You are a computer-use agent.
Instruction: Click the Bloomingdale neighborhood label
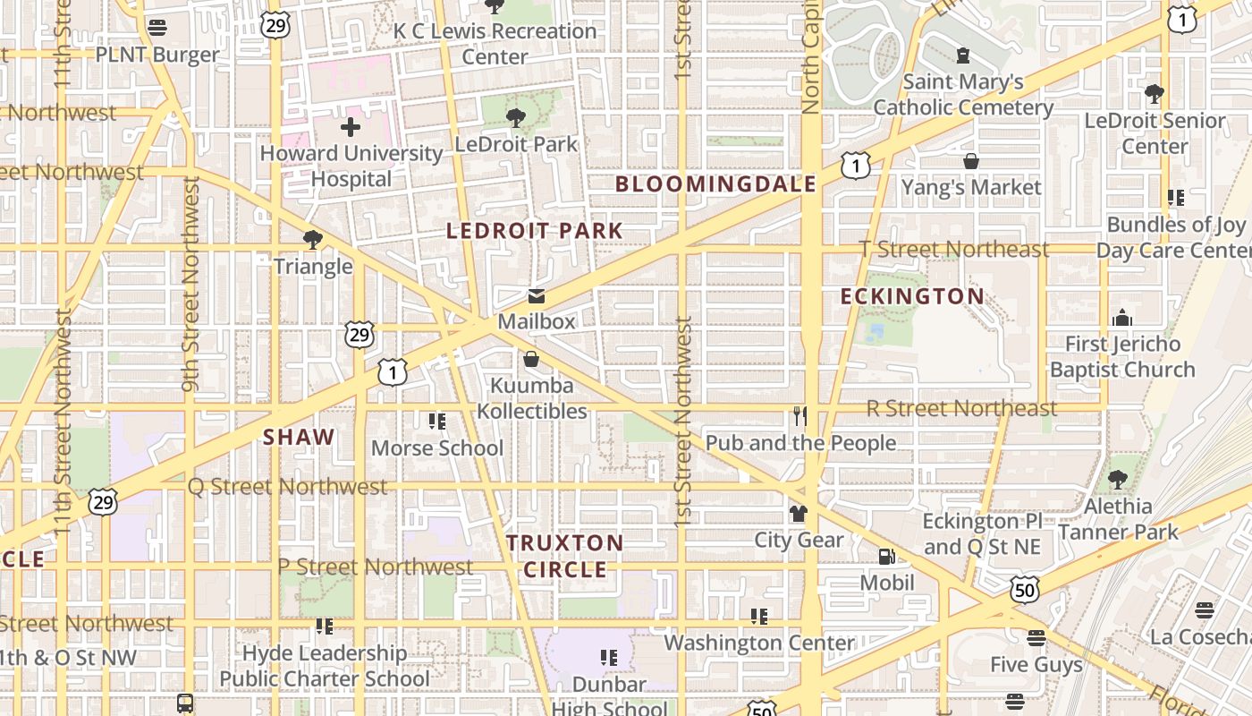pos(715,184)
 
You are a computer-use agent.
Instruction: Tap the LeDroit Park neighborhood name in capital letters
pos(534,231)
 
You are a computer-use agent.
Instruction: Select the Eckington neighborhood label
pos(912,296)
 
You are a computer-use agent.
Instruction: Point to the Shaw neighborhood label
pos(299,438)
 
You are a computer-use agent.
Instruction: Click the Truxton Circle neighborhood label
pos(564,556)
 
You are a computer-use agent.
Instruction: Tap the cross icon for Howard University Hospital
pos(351,127)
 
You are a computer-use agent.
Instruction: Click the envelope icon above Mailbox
pos(536,296)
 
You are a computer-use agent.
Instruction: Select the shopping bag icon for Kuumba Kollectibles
pos(531,360)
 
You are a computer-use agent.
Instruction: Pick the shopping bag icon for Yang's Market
pos(971,161)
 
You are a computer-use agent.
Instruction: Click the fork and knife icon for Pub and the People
pos(799,416)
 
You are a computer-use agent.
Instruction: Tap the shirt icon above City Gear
pos(798,514)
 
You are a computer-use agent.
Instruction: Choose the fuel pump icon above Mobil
pos(886,557)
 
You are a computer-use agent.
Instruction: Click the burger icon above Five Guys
pos(1036,638)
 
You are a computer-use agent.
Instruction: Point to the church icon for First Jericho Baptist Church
pos(1121,318)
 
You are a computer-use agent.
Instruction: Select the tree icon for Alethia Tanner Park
pos(1117,480)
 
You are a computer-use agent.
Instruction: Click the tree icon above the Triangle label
pos(312,240)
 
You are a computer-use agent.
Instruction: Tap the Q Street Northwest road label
pos(287,487)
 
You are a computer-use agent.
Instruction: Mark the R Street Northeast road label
pos(961,409)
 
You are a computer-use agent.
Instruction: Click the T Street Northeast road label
pos(953,250)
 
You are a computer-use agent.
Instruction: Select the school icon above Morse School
pos(436,421)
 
